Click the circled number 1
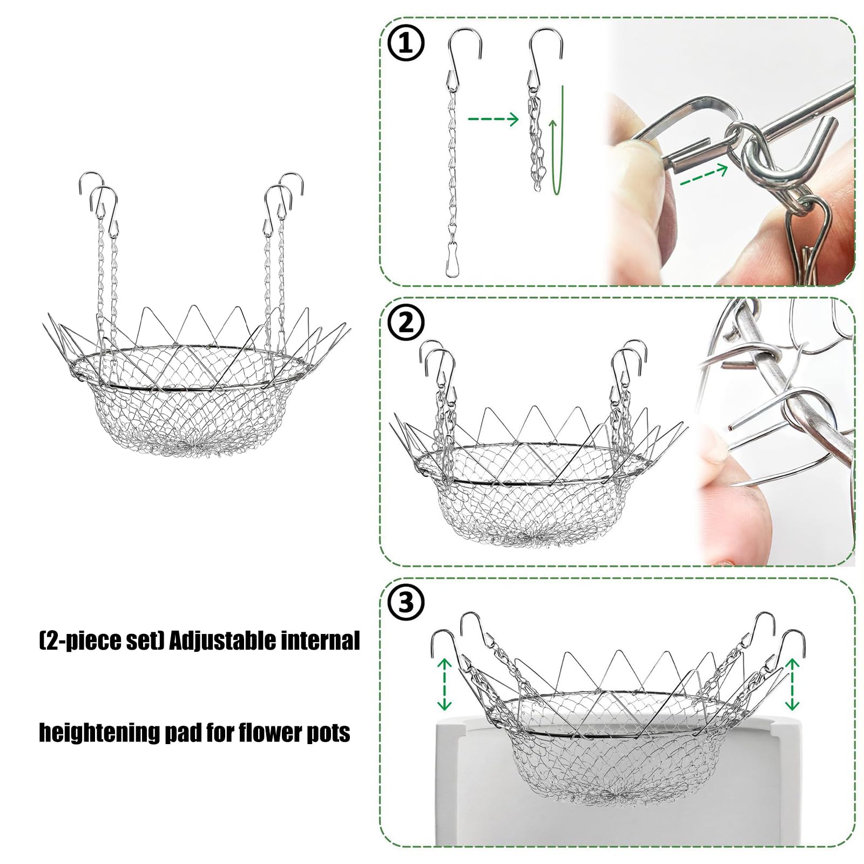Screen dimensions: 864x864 [x=406, y=44]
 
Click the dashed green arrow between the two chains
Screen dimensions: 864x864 [x=492, y=119]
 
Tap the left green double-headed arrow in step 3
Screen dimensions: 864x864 [x=444, y=684]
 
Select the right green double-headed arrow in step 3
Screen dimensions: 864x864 [x=792, y=684]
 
